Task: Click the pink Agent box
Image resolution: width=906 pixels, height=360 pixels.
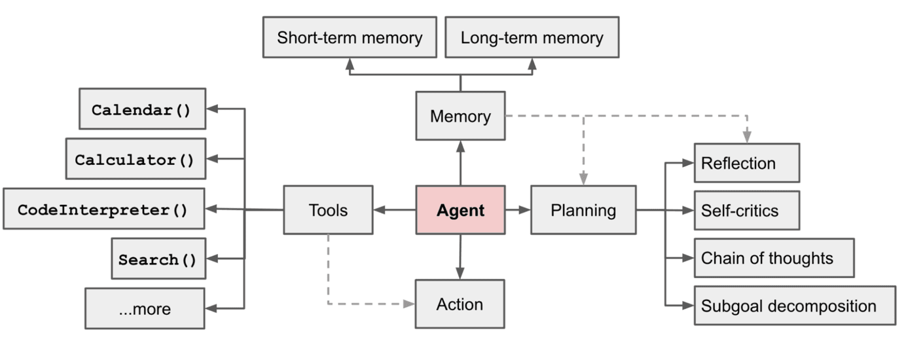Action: click(x=460, y=210)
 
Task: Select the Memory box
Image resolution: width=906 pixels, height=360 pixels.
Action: click(x=460, y=117)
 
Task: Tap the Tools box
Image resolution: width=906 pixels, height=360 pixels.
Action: click(x=327, y=210)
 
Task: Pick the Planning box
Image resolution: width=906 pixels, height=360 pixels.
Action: click(x=583, y=210)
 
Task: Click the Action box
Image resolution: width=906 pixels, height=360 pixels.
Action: click(x=460, y=304)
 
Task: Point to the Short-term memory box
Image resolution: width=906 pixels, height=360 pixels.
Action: click(x=350, y=38)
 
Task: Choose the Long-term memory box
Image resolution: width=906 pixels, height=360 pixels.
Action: click(x=532, y=38)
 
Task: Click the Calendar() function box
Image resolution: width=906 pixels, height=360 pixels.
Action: click(x=141, y=109)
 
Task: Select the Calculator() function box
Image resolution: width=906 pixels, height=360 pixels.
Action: click(x=135, y=159)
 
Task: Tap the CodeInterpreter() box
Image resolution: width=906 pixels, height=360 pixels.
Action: click(x=103, y=209)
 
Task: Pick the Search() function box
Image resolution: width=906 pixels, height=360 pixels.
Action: click(x=157, y=259)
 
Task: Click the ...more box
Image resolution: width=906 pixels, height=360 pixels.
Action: click(x=144, y=309)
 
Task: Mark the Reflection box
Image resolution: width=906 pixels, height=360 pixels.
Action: click(x=746, y=163)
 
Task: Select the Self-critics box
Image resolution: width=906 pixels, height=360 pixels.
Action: click(x=746, y=211)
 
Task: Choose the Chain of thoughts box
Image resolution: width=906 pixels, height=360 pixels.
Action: click(x=774, y=258)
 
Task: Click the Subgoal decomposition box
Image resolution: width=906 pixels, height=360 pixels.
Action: click(x=795, y=306)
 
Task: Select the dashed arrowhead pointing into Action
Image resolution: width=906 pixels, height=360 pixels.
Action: click(x=409, y=304)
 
